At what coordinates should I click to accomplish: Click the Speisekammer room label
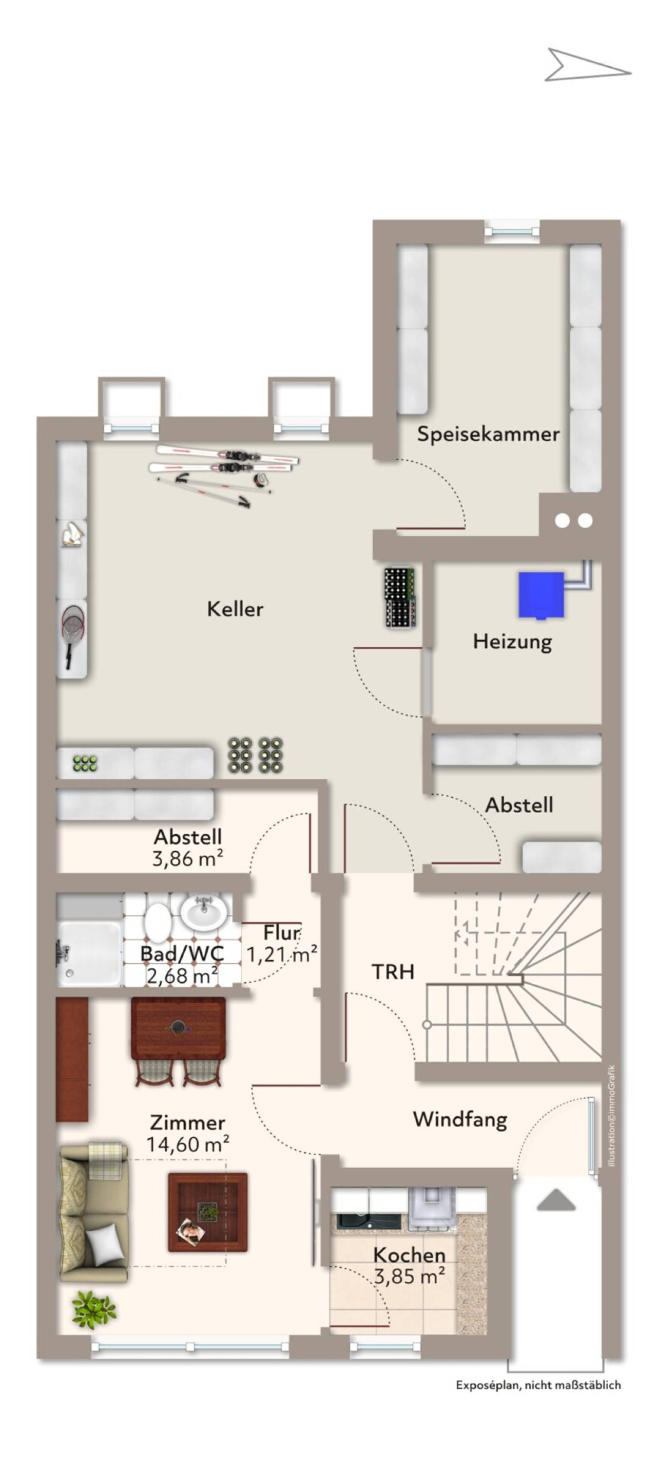[x=488, y=435]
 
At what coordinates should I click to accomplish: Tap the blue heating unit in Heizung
[x=540, y=595]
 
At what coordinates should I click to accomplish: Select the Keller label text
[x=235, y=609]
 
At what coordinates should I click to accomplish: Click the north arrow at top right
[x=587, y=65]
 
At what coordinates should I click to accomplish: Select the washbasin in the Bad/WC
[x=204, y=911]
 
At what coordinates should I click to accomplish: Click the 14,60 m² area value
[x=188, y=1145]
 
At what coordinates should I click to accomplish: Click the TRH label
[x=393, y=972]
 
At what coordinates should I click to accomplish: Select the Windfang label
[x=460, y=1119]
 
